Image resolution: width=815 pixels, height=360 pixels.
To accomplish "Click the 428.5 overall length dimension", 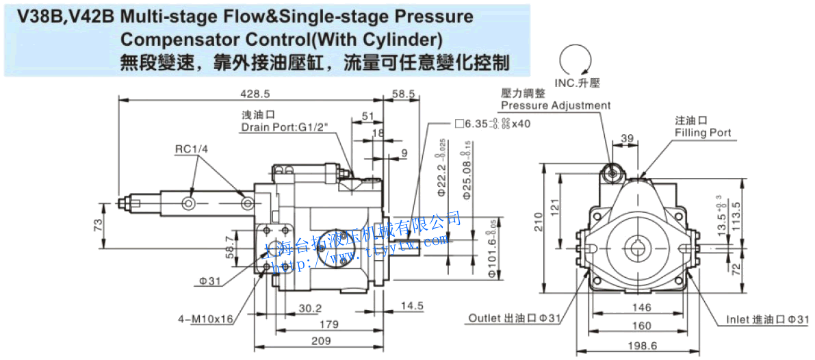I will point(253,93).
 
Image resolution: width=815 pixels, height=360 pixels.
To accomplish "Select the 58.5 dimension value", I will point(403,93).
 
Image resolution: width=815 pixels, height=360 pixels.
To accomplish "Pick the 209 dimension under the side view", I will point(320,340).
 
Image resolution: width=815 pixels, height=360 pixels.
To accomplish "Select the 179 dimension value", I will point(330,324).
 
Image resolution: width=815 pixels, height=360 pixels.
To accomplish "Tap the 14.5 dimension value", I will point(412,306).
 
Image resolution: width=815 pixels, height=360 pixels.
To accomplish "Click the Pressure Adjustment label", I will point(555,105).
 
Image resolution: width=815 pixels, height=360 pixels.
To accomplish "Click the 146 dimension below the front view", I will point(641,308).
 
